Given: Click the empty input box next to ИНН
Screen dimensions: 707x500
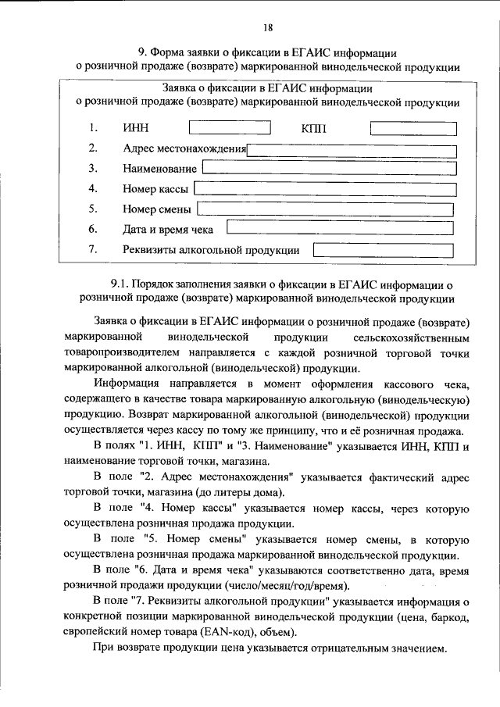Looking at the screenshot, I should coord(230,127).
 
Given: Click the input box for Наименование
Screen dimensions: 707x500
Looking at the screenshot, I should coord(327,168).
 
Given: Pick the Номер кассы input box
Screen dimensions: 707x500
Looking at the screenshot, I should coord(323,188).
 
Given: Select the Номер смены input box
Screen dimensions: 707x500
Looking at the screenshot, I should coord(325,209).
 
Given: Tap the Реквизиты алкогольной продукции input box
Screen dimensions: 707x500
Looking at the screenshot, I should coord(383,250).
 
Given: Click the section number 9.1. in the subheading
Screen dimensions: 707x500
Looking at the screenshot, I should coord(125,284).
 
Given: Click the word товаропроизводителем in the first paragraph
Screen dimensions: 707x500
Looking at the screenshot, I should coord(122,353).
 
